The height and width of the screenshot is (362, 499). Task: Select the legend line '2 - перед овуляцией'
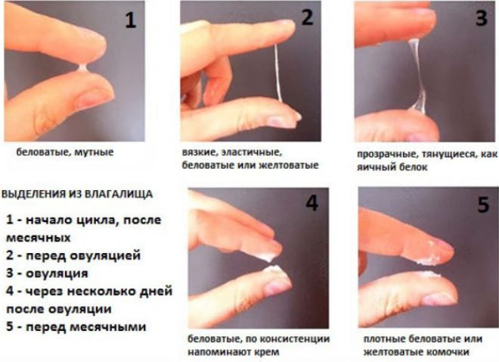pyautogui.click(x=72, y=255)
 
